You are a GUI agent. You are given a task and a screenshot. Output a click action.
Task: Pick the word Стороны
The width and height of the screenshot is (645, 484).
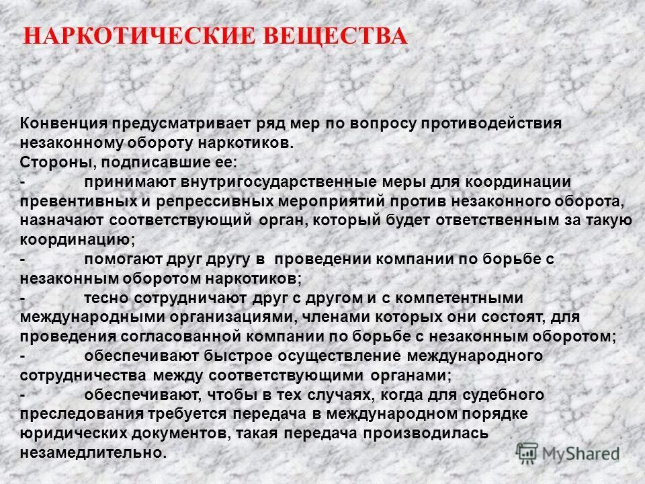click(x=52, y=163)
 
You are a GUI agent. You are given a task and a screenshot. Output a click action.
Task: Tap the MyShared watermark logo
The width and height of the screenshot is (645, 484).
click(x=568, y=453)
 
